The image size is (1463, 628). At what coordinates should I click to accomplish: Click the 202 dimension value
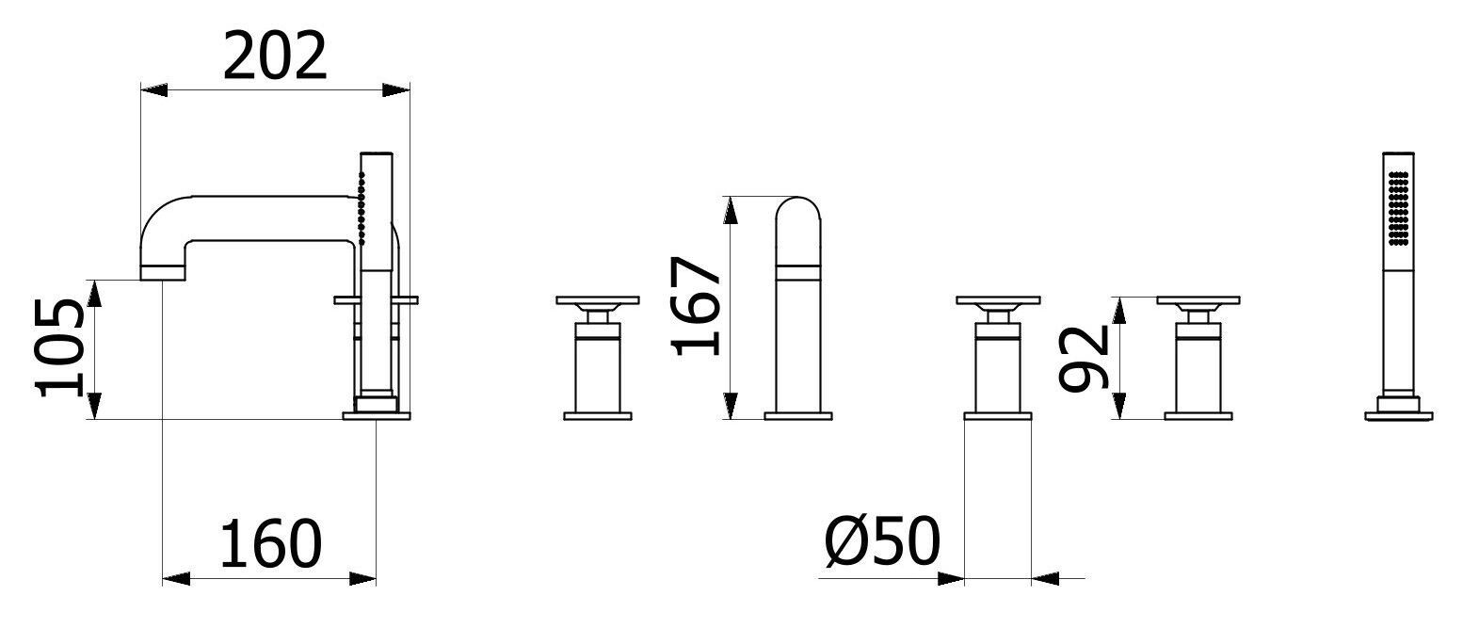[x=274, y=56]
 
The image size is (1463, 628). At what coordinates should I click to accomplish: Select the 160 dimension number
[x=270, y=543]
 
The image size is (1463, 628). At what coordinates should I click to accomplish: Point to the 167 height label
[x=697, y=306]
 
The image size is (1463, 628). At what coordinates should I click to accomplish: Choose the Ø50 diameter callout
[x=882, y=541]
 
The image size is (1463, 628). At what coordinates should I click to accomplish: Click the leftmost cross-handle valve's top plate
[x=598, y=300]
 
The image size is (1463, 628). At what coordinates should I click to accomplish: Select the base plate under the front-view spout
[x=798, y=415]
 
